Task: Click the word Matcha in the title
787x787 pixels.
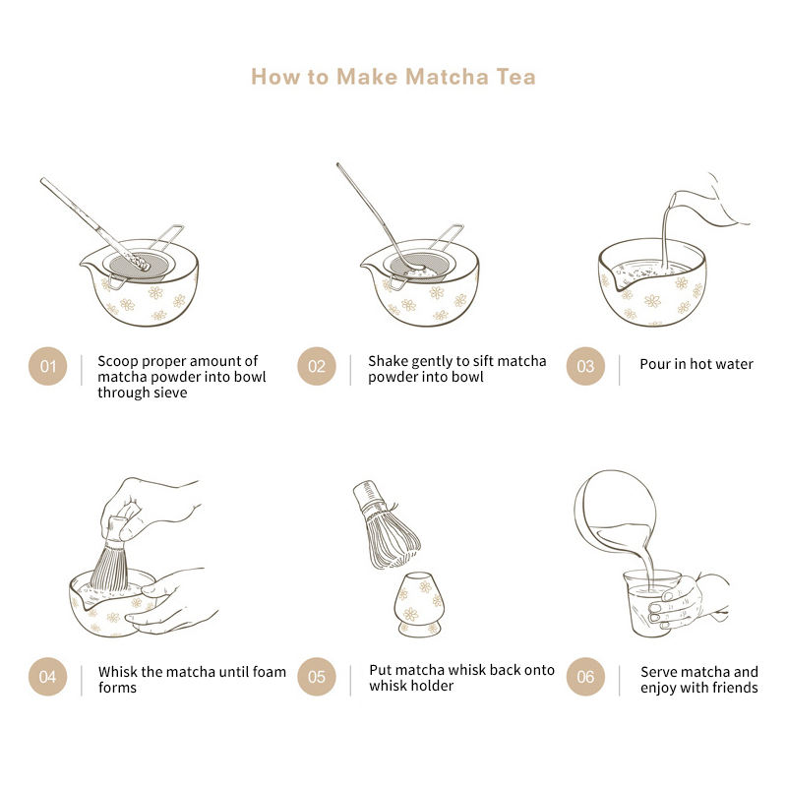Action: [x=447, y=77]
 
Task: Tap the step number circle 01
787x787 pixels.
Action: [x=47, y=366]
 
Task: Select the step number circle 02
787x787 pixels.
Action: [x=317, y=366]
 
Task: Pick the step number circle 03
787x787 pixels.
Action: [x=585, y=366]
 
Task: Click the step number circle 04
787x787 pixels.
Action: [x=47, y=677]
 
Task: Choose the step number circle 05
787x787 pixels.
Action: [x=317, y=677]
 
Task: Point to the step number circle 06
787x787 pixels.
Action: [x=585, y=677]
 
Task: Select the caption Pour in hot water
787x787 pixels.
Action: [x=696, y=364]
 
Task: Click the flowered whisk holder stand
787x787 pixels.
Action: [x=419, y=605]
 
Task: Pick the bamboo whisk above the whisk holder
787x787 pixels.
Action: [x=386, y=525]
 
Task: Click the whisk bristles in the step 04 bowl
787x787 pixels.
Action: [x=110, y=568]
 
